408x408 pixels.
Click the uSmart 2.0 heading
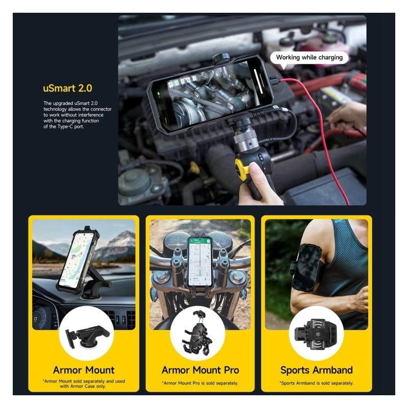click(67, 88)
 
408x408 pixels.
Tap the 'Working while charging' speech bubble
click(309, 58)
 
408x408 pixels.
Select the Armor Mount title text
click(84, 370)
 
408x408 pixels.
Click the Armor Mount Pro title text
click(200, 370)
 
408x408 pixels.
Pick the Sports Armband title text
click(316, 370)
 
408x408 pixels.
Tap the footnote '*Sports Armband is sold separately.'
click(316, 383)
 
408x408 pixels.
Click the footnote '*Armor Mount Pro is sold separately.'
click(200, 383)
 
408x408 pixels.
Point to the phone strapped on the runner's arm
click(307, 268)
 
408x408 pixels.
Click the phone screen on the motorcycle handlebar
click(200, 262)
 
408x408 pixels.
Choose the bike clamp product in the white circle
click(198, 334)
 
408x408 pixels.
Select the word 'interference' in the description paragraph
click(91, 115)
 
